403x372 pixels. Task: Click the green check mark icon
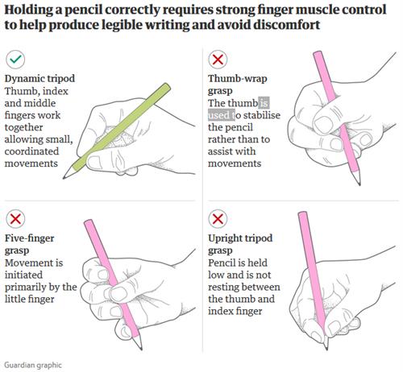click(x=15, y=59)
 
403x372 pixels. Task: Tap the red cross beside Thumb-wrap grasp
click(x=218, y=59)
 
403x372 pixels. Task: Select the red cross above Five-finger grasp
click(x=15, y=219)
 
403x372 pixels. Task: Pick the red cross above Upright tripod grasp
click(x=218, y=219)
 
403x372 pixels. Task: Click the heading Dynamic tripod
click(x=39, y=79)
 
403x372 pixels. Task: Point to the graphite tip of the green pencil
click(x=64, y=177)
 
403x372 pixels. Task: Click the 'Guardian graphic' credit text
click(x=33, y=366)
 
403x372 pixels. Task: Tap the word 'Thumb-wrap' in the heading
click(x=238, y=78)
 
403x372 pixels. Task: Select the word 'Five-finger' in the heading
click(x=30, y=238)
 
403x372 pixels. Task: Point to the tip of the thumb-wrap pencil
click(x=359, y=184)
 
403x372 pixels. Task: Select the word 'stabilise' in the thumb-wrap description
click(x=262, y=115)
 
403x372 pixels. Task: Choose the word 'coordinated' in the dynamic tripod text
click(x=31, y=151)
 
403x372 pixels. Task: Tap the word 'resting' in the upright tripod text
click(x=225, y=287)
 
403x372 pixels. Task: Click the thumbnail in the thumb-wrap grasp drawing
click(x=324, y=124)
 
